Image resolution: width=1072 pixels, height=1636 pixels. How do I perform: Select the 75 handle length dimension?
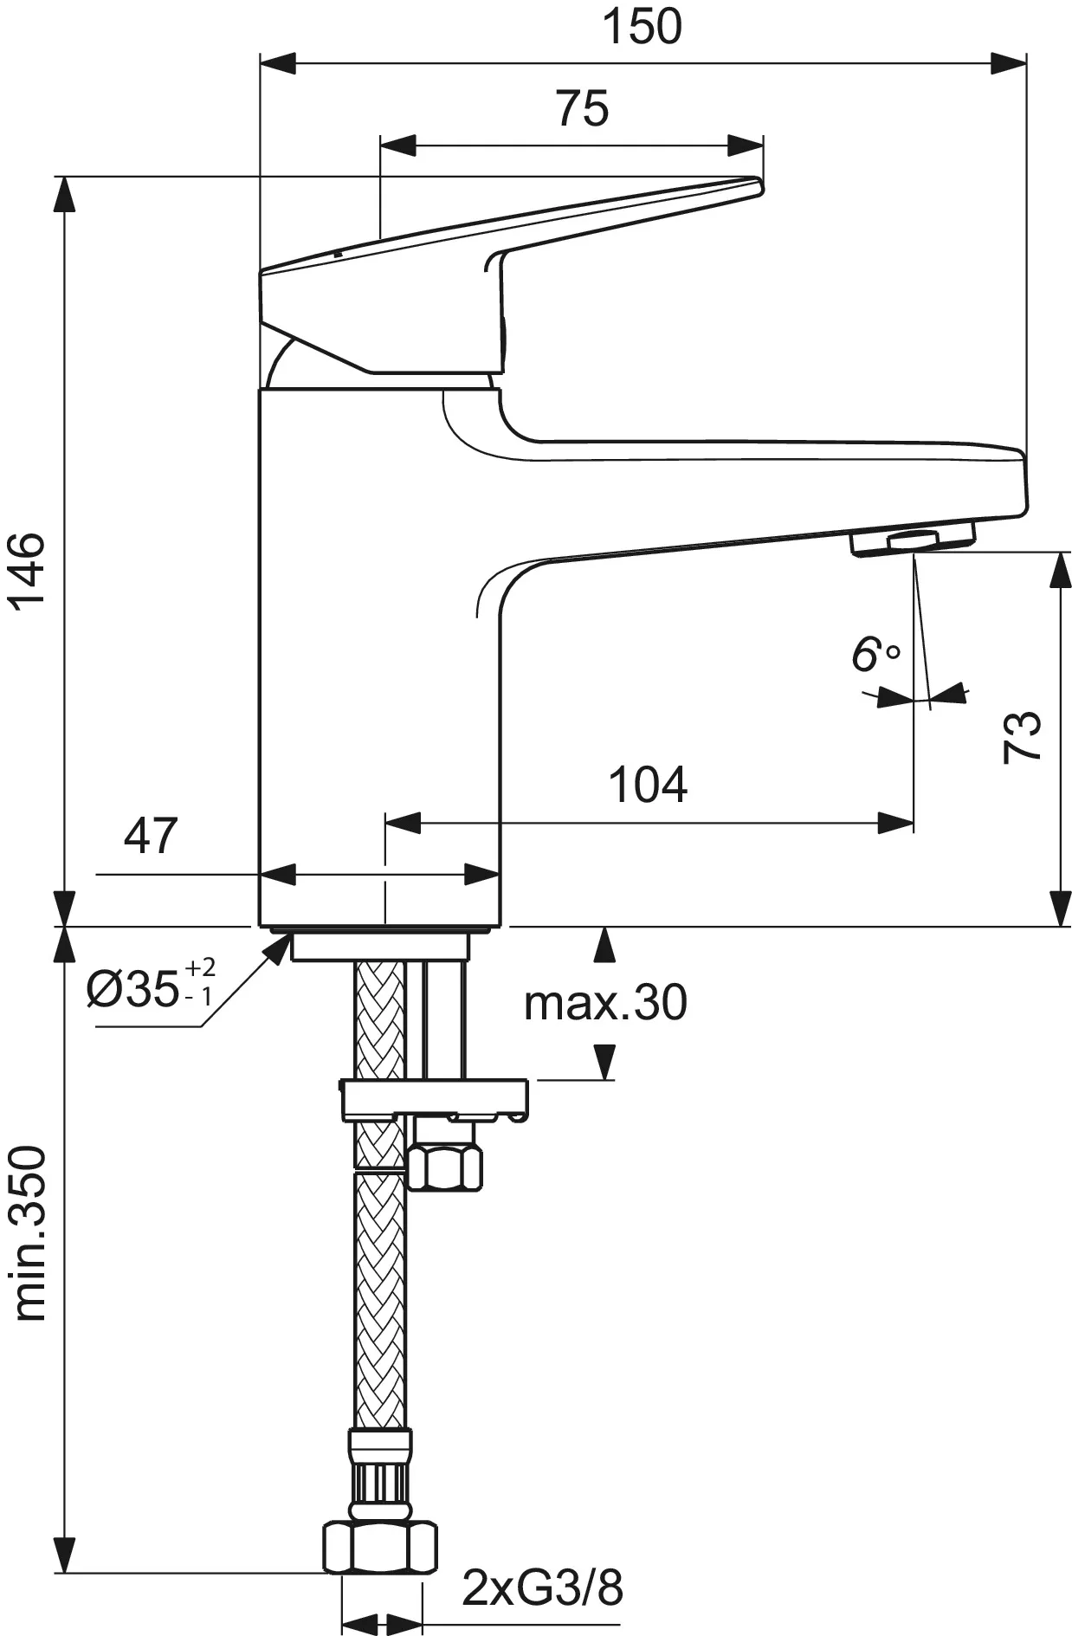pyautogui.click(x=582, y=108)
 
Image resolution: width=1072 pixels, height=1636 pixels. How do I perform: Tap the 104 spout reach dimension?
pyautogui.click(x=648, y=784)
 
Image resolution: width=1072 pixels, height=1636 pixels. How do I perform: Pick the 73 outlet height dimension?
pyautogui.click(x=1023, y=736)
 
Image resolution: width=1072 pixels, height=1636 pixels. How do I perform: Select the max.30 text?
pyautogui.click(x=605, y=1003)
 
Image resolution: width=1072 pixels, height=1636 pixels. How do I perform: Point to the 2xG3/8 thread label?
pyautogui.click(x=543, y=1588)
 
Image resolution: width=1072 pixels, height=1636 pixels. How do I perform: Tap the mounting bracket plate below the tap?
pyautogui.click(x=436, y=1098)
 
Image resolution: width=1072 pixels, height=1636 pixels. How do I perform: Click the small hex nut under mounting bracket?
pyautogui.click(x=447, y=1166)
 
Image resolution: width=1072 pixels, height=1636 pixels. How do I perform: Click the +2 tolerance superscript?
pyautogui.click(x=200, y=968)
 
